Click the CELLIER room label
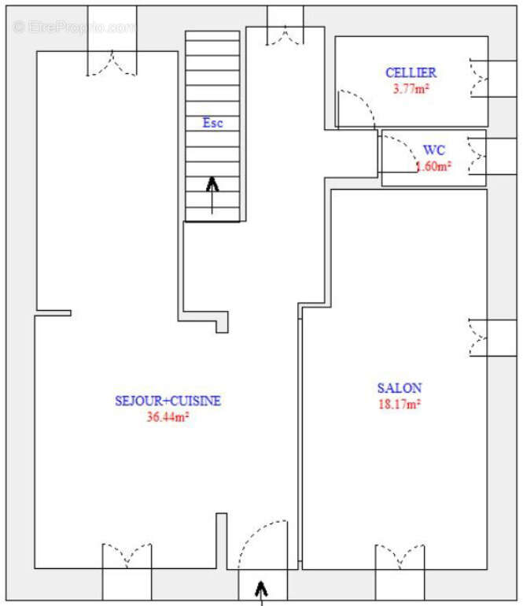tap(411, 72)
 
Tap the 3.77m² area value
tap(411, 88)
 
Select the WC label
tap(434, 150)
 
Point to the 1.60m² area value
tap(433, 166)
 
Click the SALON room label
tap(400, 387)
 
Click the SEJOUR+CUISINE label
tap(168, 401)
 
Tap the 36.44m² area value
tap(168, 417)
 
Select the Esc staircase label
tap(212, 123)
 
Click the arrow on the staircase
tap(212, 194)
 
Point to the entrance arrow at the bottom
tap(261, 590)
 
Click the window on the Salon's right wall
tap(479, 337)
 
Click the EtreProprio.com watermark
tap(75, 27)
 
